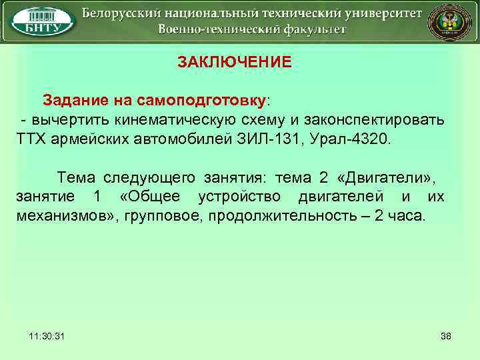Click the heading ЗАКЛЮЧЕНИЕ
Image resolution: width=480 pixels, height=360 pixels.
click(x=234, y=62)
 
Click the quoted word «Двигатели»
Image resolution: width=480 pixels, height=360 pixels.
click(x=387, y=177)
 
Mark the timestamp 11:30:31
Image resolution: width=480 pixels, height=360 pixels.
click(x=47, y=335)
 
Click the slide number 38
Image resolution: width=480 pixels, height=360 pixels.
click(x=446, y=335)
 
